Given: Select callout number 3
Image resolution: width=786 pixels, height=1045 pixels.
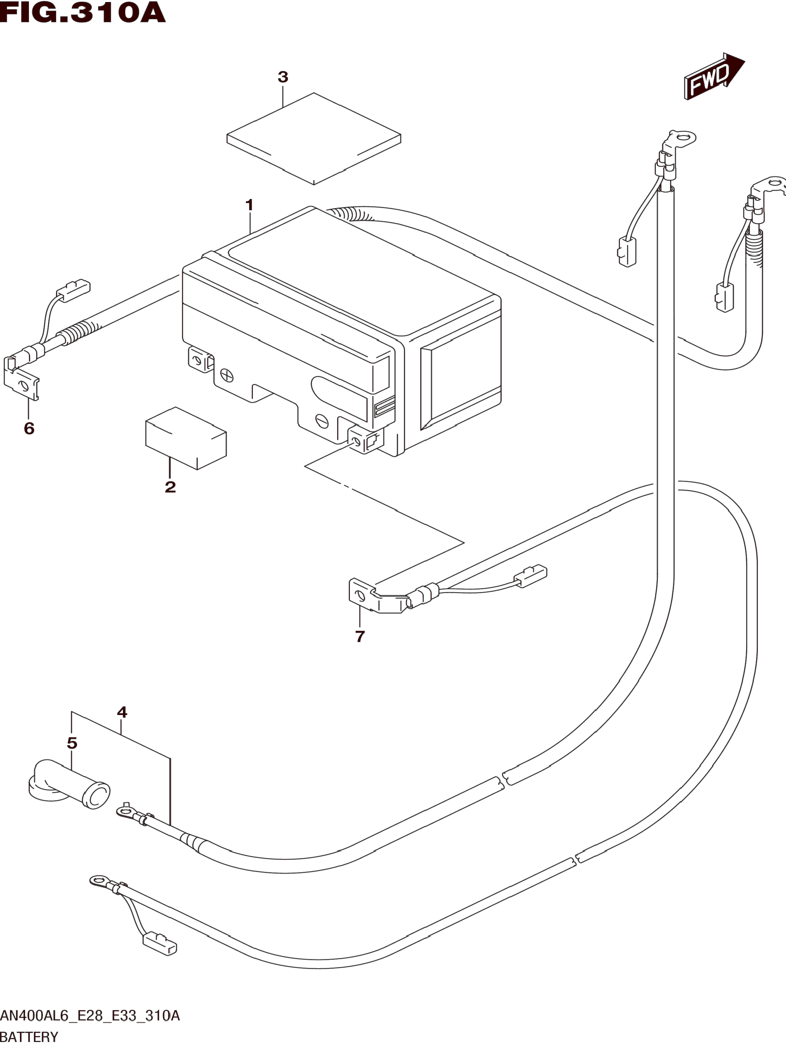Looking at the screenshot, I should click(x=282, y=77).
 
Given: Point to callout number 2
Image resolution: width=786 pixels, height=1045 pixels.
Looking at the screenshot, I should click(x=170, y=487).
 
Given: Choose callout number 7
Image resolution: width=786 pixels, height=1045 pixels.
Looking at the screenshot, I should click(x=360, y=637).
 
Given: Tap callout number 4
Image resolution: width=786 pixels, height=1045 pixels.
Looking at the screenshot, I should click(x=122, y=712).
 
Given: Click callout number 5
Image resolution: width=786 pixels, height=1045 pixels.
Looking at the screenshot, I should click(x=72, y=743).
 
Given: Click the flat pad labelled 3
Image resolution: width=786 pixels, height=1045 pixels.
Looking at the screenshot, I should click(x=314, y=138).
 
